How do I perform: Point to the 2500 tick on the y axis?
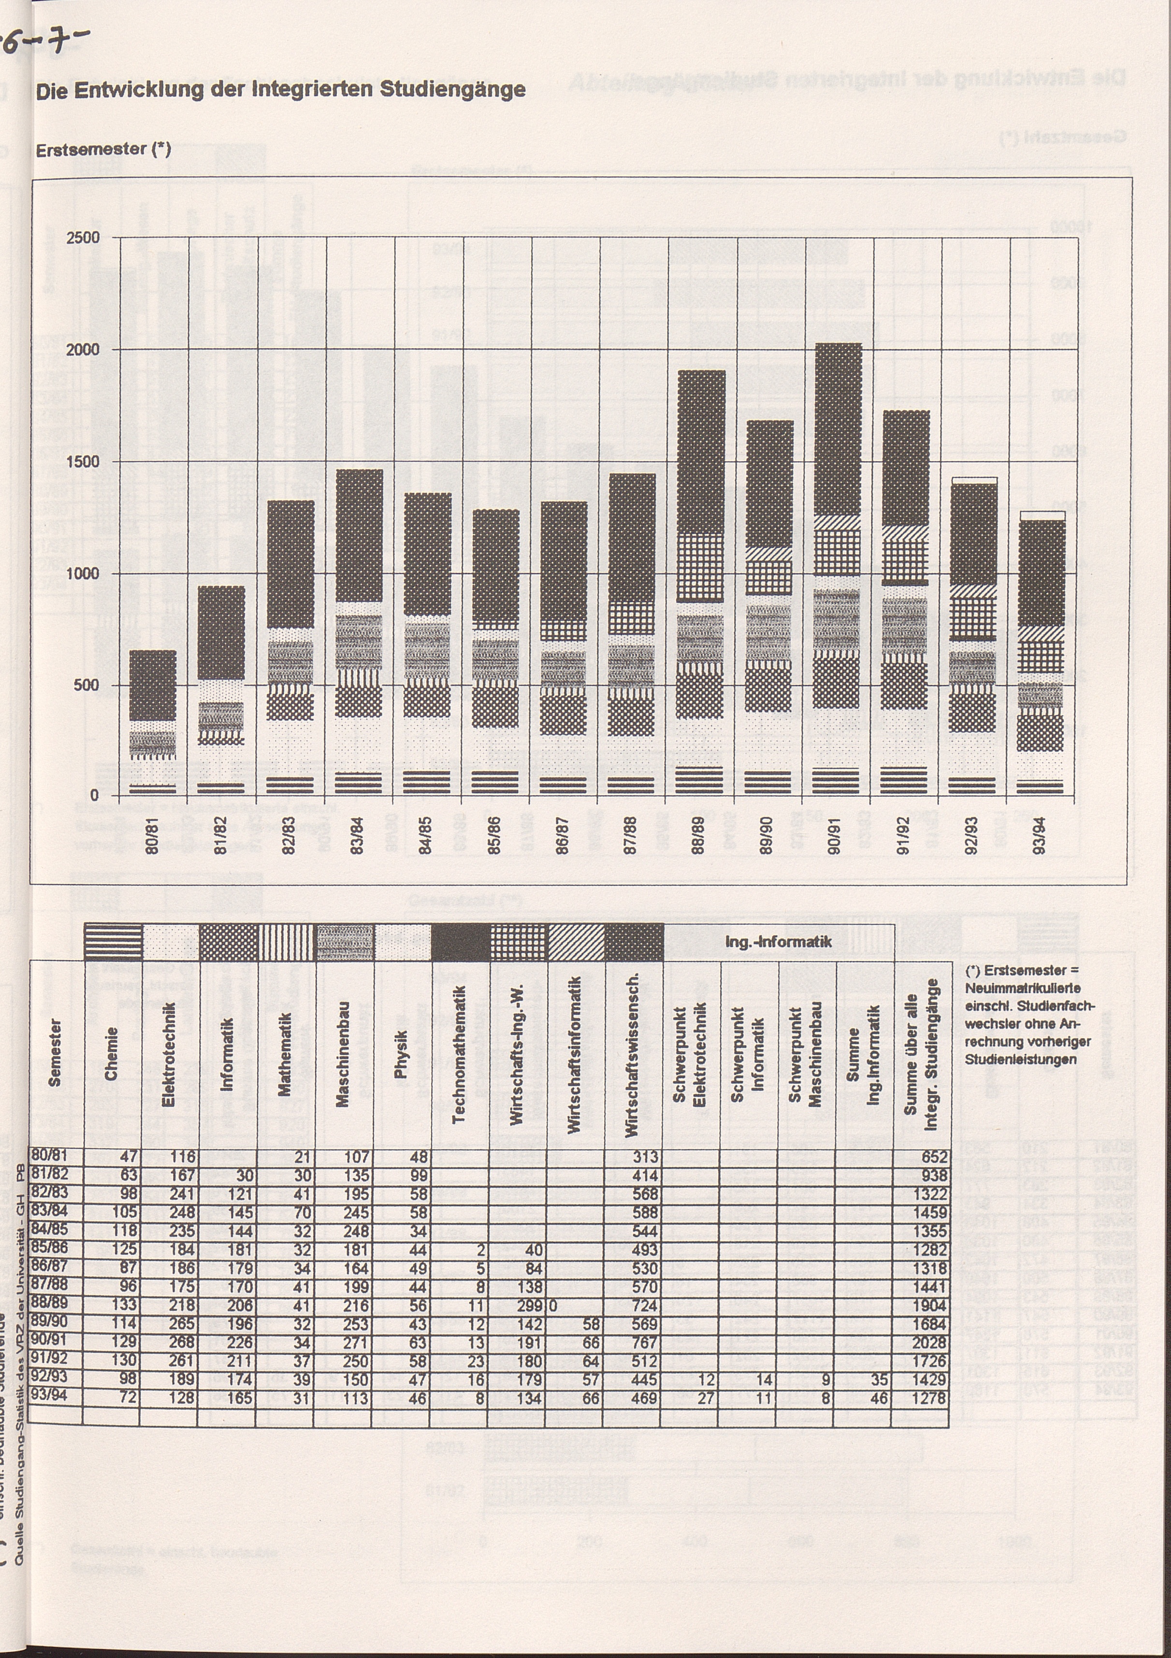pos(85,238)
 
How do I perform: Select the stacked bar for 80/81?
pos(152,722)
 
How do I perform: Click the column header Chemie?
pos(111,1054)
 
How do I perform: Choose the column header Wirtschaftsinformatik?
pos(575,1054)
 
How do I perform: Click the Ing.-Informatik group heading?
pos(779,942)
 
